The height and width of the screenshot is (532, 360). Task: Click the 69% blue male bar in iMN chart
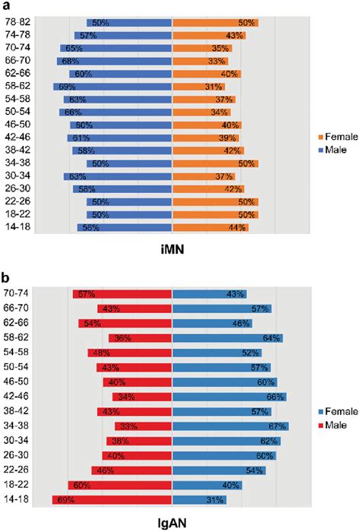coord(113,87)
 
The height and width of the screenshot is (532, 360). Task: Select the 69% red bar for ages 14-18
coord(112,499)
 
